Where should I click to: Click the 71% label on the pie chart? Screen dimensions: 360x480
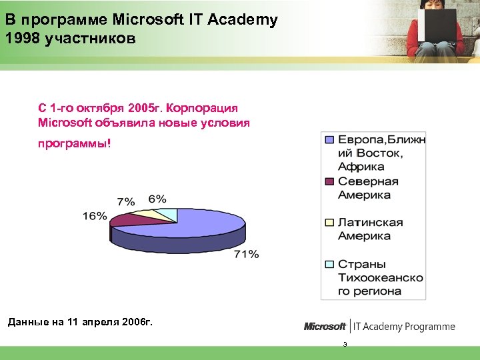point(246,254)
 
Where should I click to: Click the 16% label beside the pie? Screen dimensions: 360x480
point(95,215)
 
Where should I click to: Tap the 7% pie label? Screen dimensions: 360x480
point(126,201)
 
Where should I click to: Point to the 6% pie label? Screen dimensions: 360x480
point(157,199)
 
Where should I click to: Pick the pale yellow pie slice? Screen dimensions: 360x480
point(147,213)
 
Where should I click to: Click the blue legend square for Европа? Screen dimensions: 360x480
point(329,140)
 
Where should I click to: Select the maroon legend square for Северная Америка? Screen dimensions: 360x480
point(329,181)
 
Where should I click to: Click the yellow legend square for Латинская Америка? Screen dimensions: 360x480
point(329,223)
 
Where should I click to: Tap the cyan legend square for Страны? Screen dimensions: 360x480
point(329,264)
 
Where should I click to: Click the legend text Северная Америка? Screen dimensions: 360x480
point(368,188)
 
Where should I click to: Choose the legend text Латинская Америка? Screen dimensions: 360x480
point(370,229)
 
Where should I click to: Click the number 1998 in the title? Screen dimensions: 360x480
point(21,38)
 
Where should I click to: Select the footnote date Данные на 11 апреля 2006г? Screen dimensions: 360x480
point(79,323)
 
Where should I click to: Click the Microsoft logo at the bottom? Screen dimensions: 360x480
point(325,326)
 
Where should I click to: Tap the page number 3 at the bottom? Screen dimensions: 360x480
point(345,345)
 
